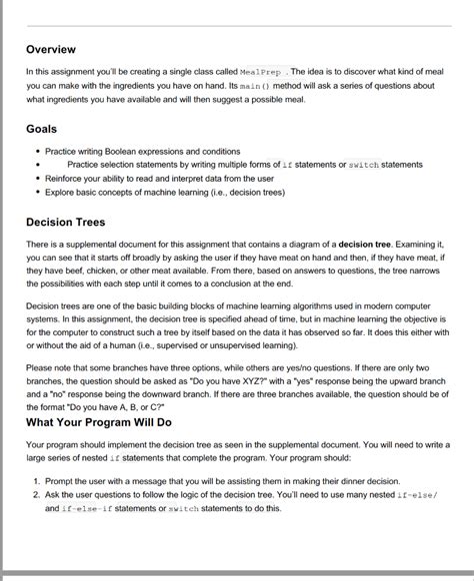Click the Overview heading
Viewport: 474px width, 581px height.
50,49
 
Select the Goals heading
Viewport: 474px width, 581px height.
42,129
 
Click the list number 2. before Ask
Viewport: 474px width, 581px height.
35,493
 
